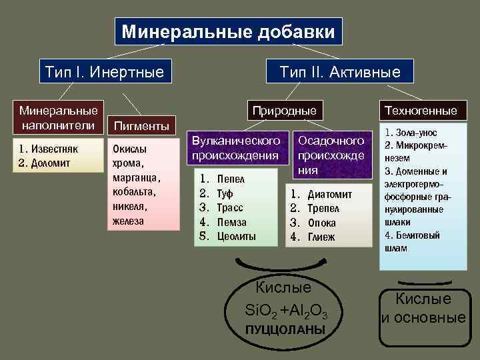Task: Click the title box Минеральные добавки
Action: [229, 31]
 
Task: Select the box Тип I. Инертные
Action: [104, 71]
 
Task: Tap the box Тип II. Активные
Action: [340, 71]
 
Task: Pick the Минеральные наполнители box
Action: [58, 116]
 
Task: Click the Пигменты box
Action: [141, 125]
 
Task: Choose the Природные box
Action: [283, 110]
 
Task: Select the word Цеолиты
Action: [237, 237]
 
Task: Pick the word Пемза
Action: [231, 222]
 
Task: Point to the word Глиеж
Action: [321, 237]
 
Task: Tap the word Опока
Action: [322, 223]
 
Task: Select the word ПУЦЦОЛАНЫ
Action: [285, 330]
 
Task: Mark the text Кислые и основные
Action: [423, 309]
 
